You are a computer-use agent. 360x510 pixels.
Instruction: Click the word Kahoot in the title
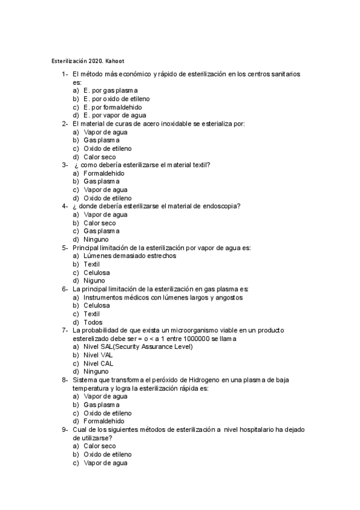[x=114, y=60]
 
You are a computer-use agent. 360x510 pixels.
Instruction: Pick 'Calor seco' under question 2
[x=100, y=157]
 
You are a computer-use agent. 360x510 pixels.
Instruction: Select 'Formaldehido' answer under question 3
[x=104, y=173]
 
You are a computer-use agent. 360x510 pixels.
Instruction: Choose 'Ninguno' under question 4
[x=96, y=239]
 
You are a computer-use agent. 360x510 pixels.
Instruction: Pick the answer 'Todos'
[x=93, y=322]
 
